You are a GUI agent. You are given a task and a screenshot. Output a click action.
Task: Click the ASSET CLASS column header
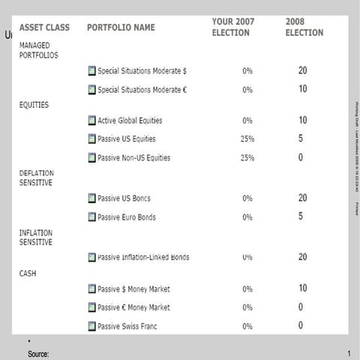[x=44, y=28]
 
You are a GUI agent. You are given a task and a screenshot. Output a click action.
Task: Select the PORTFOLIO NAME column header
[x=121, y=28]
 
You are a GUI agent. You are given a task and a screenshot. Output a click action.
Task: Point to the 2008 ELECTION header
[x=304, y=28]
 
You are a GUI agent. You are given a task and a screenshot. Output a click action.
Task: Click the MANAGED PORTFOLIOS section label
[x=38, y=50]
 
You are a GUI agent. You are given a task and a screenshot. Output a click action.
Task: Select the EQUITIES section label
[x=34, y=105]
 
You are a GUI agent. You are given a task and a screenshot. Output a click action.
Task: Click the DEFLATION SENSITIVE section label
[x=36, y=178]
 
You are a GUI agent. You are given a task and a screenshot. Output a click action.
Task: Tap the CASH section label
[x=28, y=273]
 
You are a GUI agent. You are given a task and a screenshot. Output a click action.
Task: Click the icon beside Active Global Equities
[x=91, y=120]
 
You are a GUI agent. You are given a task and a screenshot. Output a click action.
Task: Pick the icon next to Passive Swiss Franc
[x=91, y=326]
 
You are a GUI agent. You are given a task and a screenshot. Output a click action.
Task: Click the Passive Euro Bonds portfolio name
[x=126, y=217]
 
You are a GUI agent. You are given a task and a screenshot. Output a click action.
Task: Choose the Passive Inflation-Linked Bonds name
[x=142, y=257]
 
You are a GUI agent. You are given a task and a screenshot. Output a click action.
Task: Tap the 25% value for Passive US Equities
[x=247, y=139]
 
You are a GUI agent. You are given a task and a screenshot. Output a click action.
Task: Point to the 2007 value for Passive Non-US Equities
[x=247, y=158]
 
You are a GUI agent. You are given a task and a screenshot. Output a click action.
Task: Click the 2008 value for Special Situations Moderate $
[x=302, y=70]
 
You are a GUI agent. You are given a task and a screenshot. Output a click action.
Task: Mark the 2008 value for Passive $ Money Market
[x=302, y=288]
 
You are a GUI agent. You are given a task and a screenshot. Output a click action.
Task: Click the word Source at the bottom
[x=38, y=353]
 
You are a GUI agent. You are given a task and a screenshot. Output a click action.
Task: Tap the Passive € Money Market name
[x=133, y=307]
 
